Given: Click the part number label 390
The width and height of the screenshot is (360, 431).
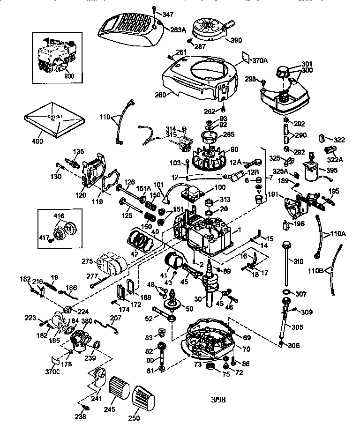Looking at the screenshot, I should tap(236, 40).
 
